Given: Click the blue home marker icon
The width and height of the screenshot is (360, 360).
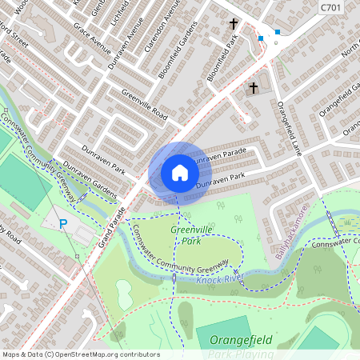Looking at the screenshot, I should point(180,173).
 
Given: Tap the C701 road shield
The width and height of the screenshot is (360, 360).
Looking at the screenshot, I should point(330,7).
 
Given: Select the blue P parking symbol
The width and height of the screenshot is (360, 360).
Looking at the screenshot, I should point(63,224).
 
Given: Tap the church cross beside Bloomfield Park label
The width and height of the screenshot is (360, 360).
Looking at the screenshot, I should point(234,24).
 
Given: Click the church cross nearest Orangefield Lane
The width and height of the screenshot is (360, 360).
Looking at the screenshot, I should point(254,87).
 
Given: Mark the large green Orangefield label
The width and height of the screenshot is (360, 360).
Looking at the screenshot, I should point(241,340).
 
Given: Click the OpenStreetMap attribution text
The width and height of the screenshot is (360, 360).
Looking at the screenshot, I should point(81,354).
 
